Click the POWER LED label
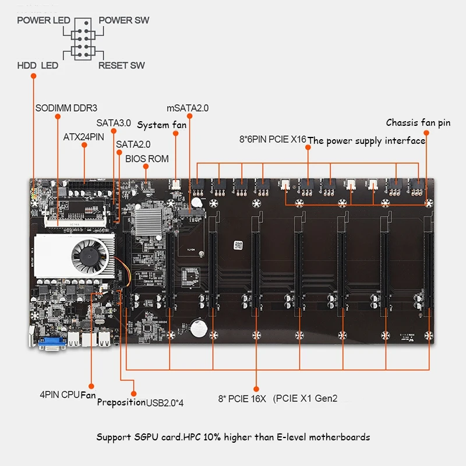pos(43,20)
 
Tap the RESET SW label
pos(121,65)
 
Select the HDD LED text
pos(38,65)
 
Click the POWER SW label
pos(123,20)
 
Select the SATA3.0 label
pos(114,123)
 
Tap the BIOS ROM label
pos(147,158)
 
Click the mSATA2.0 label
pos(187,108)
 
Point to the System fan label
pos(161,125)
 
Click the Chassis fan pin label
pos(418,122)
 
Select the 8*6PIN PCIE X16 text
pos(272,140)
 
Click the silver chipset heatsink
pos(150,225)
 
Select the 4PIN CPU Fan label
pos(68,394)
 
